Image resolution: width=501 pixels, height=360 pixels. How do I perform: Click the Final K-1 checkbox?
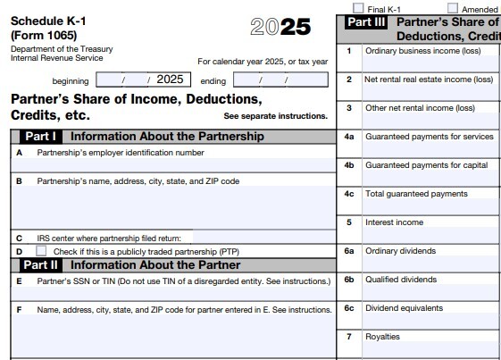click(x=358, y=8)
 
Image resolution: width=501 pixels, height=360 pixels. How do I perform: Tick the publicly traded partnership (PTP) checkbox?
click(x=41, y=251)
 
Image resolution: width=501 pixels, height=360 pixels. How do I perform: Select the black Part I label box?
click(x=41, y=137)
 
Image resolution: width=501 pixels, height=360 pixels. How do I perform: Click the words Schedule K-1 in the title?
click(x=49, y=20)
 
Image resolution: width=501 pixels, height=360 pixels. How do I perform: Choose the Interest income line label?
click(x=394, y=222)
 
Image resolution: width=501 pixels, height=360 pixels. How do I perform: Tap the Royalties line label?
click(x=382, y=337)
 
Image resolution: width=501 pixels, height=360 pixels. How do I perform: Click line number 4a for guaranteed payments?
click(x=349, y=137)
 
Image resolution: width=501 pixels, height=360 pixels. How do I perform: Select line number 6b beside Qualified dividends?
click(x=349, y=280)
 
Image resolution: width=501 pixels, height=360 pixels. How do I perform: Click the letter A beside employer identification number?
click(x=19, y=153)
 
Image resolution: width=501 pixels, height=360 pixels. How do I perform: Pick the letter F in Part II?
click(x=19, y=309)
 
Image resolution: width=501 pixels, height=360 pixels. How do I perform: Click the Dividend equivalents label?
click(x=404, y=308)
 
